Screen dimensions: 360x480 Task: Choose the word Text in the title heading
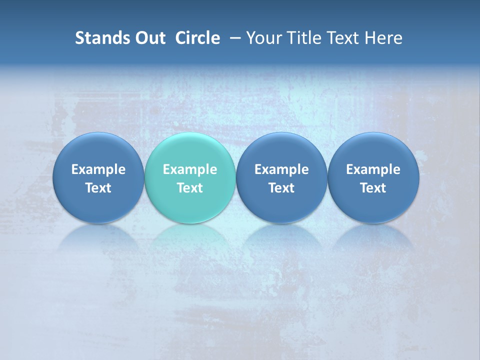pyautogui.click(x=342, y=38)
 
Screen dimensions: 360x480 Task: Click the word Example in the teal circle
pyautogui.click(x=190, y=169)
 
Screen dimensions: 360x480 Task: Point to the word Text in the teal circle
pyautogui.click(x=190, y=188)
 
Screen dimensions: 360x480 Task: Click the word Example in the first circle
pyautogui.click(x=98, y=169)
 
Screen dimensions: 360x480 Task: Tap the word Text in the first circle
pyautogui.click(x=98, y=188)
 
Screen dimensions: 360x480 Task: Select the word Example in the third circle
pyautogui.click(x=281, y=169)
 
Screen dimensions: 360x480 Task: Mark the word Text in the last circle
pyautogui.click(x=373, y=188)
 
